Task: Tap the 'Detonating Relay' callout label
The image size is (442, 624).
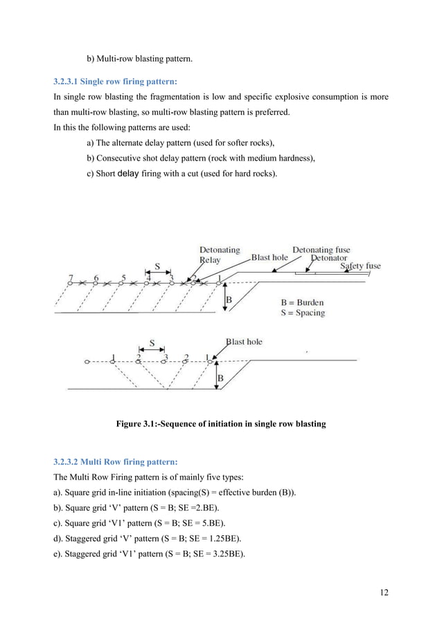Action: click(220, 255)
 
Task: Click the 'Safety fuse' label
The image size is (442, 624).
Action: click(360, 266)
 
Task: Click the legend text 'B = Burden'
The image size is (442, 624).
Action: click(302, 302)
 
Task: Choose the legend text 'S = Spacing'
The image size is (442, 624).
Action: click(303, 313)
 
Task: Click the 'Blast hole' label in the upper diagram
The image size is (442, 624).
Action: click(269, 257)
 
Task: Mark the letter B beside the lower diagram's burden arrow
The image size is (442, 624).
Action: click(220, 378)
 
